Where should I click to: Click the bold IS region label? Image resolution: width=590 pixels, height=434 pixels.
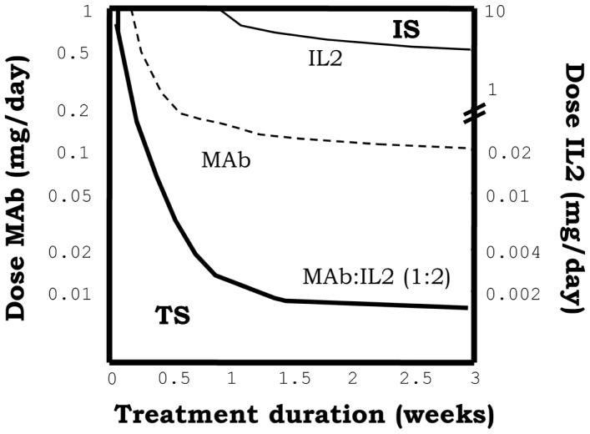tap(406, 31)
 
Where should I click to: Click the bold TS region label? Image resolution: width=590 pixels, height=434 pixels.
tap(174, 316)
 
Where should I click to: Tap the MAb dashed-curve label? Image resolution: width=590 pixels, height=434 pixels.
tap(221, 159)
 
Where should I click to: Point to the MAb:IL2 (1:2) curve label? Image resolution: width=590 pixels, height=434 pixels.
tap(376, 276)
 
